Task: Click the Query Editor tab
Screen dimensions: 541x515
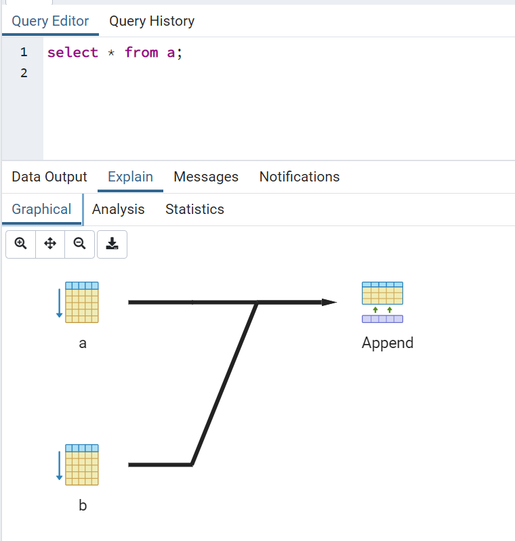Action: click(x=50, y=21)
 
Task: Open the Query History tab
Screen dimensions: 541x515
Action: click(x=152, y=21)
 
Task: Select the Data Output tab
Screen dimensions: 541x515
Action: click(x=49, y=177)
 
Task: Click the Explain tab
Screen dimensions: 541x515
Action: click(x=130, y=177)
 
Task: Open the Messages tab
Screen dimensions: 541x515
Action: click(x=206, y=177)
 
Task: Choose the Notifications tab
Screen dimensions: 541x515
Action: click(x=300, y=177)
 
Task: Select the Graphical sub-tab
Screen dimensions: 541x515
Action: click(x=41, y=209)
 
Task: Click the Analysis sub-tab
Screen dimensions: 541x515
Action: click(x=119, y=209)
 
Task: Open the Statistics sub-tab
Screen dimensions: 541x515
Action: click(x=194, y=209)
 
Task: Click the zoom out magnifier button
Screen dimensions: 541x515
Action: click(x=79, y=244)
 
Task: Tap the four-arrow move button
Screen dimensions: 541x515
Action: click(x=50, y=244)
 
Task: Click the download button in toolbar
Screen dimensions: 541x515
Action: click(x=112, y=244)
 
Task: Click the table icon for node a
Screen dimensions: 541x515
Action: click(x=81, y=302)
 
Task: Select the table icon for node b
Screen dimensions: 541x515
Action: click(x=81, y=464)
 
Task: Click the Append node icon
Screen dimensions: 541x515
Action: click(x=382, y=302)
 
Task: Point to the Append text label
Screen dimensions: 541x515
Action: click(x=388, y=343)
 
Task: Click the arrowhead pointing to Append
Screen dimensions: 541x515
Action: click(x=329, y=302)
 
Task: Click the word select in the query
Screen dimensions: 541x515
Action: click(x=73, y=52)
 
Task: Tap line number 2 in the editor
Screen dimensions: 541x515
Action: click(x=24, y=72)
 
